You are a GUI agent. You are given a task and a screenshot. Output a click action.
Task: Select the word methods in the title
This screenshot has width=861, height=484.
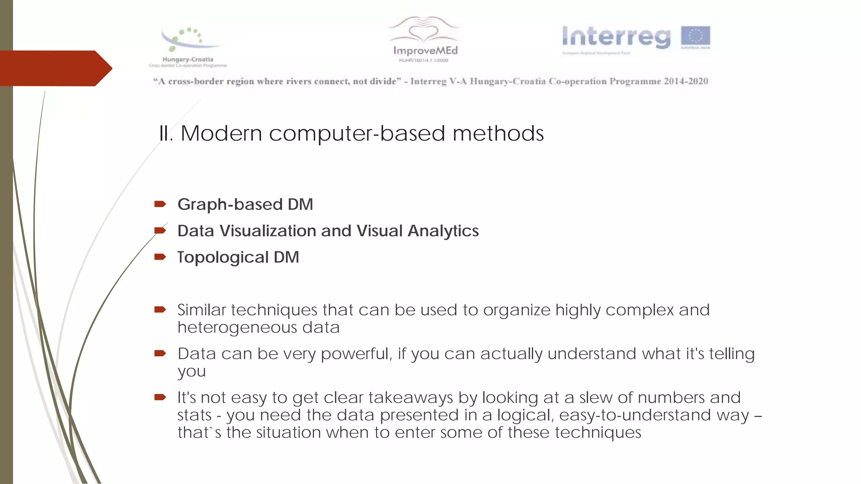(498, 134)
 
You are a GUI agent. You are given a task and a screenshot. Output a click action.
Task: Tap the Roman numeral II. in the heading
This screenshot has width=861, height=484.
(166, 134)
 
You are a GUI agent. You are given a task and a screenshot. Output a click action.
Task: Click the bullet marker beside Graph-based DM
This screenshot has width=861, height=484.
(160, 204)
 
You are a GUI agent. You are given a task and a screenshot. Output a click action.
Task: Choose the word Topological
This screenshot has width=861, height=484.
(223, 257)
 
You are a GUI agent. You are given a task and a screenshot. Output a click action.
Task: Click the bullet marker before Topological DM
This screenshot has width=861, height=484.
(160, 257)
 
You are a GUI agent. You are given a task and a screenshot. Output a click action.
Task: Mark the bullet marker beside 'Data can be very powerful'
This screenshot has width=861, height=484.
(160, 353)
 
